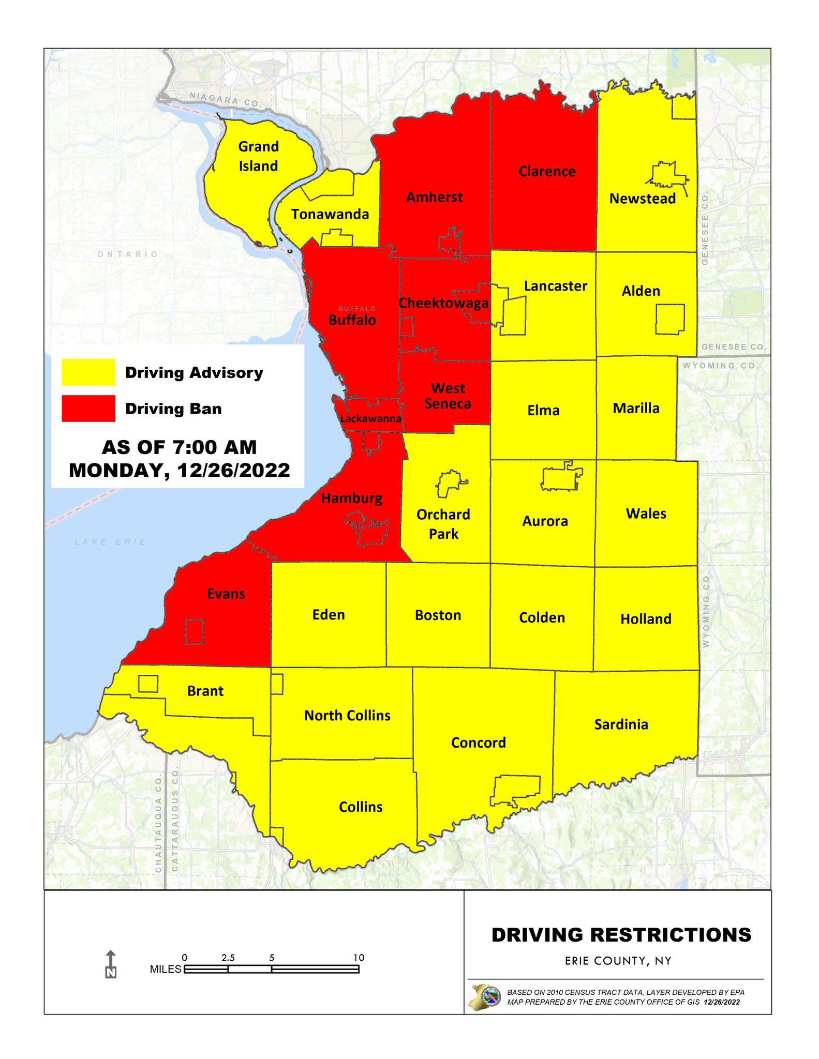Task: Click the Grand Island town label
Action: click(258, 156)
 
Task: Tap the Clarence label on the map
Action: click(547, 171)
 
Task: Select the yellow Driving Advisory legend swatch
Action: click(88, 372)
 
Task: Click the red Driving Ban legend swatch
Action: click(88, 409)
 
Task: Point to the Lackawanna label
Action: click(370, 418)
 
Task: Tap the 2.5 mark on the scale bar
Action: click(228, 958)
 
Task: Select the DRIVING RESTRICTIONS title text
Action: click(621, 935)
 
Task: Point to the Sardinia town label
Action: click(621, 724)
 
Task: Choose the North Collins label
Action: click(347, 716)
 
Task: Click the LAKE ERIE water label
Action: click(111, 542)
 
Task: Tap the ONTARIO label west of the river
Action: click(128, 254)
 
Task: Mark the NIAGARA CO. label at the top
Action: click(224, 99)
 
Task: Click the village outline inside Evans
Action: click(195, 631)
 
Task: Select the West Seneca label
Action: click(448, 396)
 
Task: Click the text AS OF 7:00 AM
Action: click(179, 447)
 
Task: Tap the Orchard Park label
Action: click(443, 524)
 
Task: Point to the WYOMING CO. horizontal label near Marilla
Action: click(721, 366)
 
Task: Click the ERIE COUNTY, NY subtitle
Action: click(618, 961)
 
